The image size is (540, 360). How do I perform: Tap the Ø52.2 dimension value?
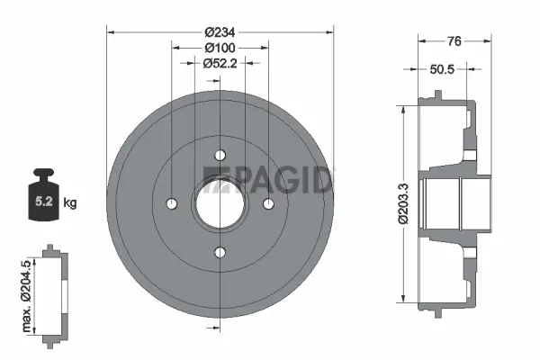[220, 63]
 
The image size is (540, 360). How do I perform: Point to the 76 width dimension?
[455, 40]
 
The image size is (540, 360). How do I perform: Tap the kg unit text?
[71, 202]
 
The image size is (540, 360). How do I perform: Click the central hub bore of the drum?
[219, 204]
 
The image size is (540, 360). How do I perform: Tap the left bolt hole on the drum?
[171, 204]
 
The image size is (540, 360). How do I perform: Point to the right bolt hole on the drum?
[267, 204]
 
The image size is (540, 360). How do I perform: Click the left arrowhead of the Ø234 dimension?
[111, 31]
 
